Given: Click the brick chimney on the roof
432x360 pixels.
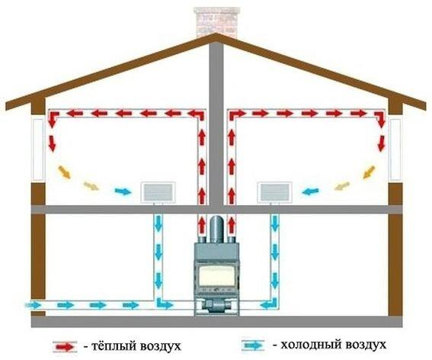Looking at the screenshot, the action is pyautogui.click(x=216, y=22).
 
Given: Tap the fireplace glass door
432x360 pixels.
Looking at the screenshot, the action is pyautogui.click(x=216, y=276).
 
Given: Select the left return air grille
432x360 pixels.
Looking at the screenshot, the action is pyautogui.click(x=158, y=192).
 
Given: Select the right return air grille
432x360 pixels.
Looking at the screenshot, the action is pyautogui.click(x=275, y=192).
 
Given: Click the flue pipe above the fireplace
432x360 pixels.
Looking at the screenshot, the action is pyautogui.click(x=216, y=230).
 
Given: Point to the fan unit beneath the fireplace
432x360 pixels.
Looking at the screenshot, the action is pyautogui.click(x=216, y=306).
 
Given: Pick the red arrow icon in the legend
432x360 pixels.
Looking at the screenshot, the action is pyautogui.click(x=65, y=347).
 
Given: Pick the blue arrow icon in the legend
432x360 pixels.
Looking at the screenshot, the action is pyautogui.click(x=253, y=346).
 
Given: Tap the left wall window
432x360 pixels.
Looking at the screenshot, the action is pyautogui.click(x=38, y=149).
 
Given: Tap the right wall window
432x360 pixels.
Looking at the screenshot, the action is pyautogui.click(x=395, y=149).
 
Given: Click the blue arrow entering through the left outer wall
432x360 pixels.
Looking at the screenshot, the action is pyautogui.click(x=34, y=305).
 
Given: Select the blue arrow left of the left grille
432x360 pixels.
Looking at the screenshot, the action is pyautogui.click(x=123, y=191).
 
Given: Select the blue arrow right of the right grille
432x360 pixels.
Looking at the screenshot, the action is pyautogui.click(x=310, y=191).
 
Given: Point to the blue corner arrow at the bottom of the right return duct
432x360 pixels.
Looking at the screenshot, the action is pyautogui.click(x=270, y=303).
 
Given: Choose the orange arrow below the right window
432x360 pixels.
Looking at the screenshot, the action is pyautogui.click(x=370, y=172).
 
